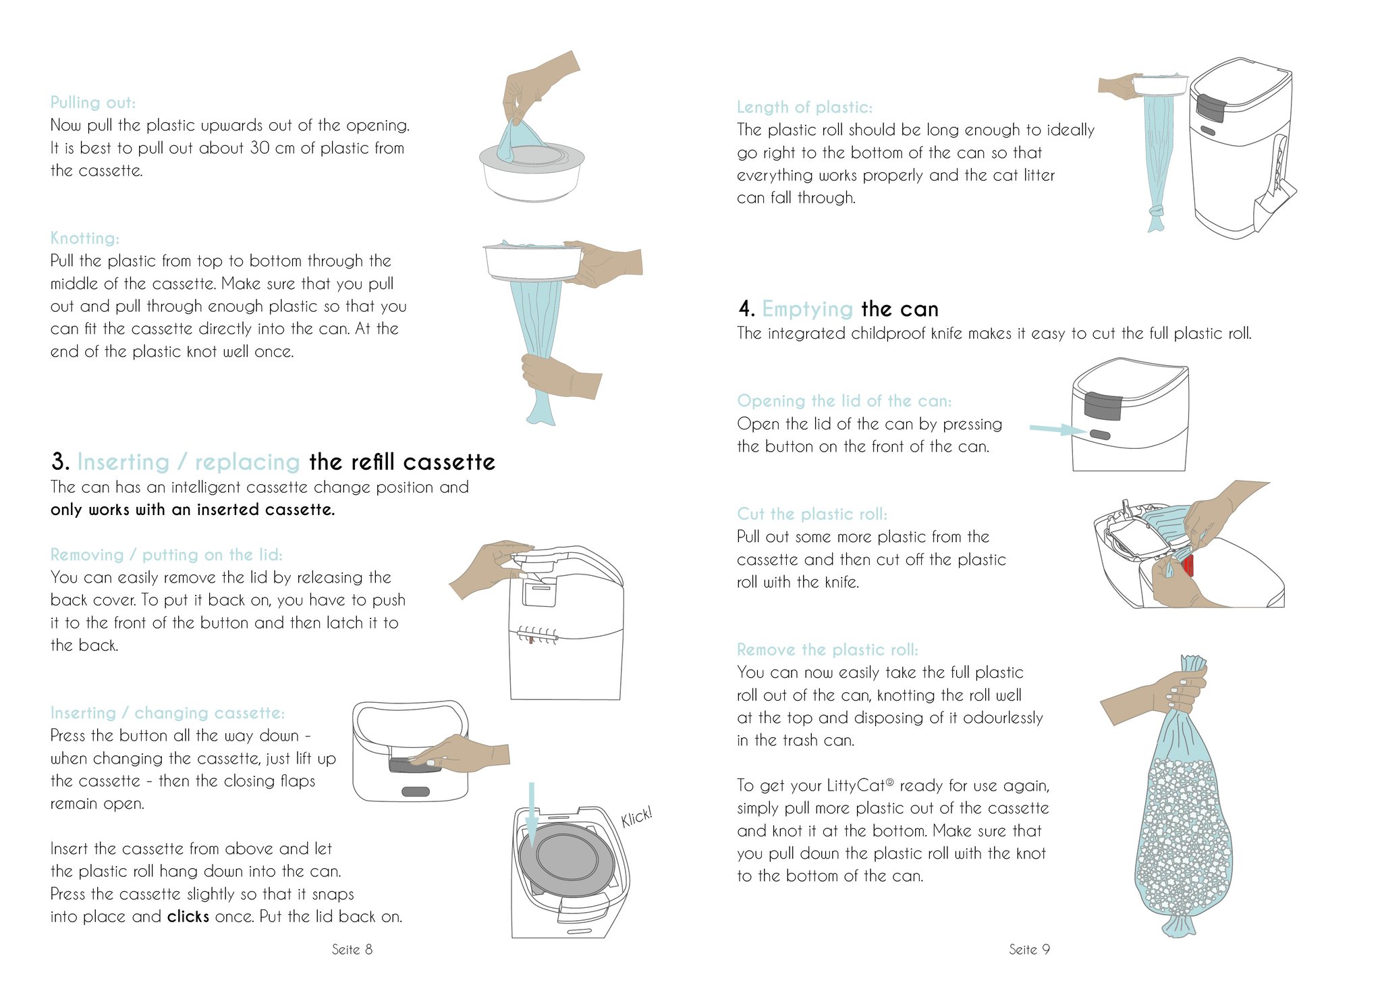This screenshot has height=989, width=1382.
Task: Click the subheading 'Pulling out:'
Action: pos(93,103)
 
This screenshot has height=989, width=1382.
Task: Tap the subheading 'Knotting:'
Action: pos(85,238)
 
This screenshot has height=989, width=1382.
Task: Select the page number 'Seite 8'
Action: pos(352,949)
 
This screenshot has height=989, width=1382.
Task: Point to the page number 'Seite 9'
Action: pos(1029,949)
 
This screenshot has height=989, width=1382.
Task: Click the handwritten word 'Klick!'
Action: pos(636,816)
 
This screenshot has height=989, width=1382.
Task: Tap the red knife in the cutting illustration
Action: pos(1188,565)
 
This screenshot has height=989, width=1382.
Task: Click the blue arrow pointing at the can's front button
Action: pos(1057,429)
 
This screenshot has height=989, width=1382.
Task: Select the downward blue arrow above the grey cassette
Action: pos(532,813)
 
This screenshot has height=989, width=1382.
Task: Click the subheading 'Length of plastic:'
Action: pos(804,107)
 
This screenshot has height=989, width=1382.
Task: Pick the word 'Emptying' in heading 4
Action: pos(808,309)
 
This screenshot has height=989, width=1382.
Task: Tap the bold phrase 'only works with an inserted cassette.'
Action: pos(192,510)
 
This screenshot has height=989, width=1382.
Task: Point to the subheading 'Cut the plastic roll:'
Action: pos(812,514)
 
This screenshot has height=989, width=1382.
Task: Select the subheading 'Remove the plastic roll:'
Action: pos(827,650)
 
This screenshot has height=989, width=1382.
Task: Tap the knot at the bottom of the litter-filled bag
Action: pos(1179,922)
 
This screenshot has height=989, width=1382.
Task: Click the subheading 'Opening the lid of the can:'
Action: pos(844,401)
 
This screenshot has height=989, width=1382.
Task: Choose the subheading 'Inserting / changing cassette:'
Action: pos(167,713)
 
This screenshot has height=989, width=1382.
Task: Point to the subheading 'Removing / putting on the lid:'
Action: pos(167,555)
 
